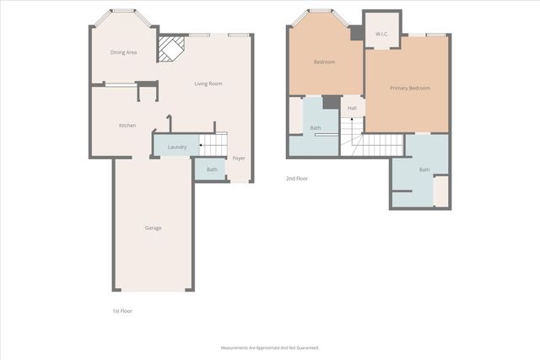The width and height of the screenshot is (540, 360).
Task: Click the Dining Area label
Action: (124, 52)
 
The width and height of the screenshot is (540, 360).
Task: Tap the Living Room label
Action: (208, 83)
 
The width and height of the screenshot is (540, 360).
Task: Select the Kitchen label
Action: (127, 126)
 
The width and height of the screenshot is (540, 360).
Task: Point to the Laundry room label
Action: (177, 148)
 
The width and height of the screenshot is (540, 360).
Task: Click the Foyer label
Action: (240, 158)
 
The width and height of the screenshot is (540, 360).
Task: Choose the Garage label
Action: (153, 228)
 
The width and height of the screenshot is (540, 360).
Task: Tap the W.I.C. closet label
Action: (381, 34)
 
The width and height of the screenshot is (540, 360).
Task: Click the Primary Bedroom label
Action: (410, 88)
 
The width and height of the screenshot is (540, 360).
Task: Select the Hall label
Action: (352, 108)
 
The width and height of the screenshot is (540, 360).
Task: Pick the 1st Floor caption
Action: (122, 311)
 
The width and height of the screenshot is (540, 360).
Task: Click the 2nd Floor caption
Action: (297, 178)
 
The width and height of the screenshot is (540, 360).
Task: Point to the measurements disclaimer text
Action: (270, 347)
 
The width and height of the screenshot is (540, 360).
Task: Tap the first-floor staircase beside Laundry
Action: (213, 145)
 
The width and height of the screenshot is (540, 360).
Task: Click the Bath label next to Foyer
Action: (212, 169)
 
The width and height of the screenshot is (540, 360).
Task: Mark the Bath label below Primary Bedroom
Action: (424, 169)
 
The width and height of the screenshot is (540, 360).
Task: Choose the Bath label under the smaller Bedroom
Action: (316, 128)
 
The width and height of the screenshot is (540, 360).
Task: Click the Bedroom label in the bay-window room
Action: (325, 62)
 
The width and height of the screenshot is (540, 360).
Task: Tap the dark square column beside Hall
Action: (332, 103)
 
